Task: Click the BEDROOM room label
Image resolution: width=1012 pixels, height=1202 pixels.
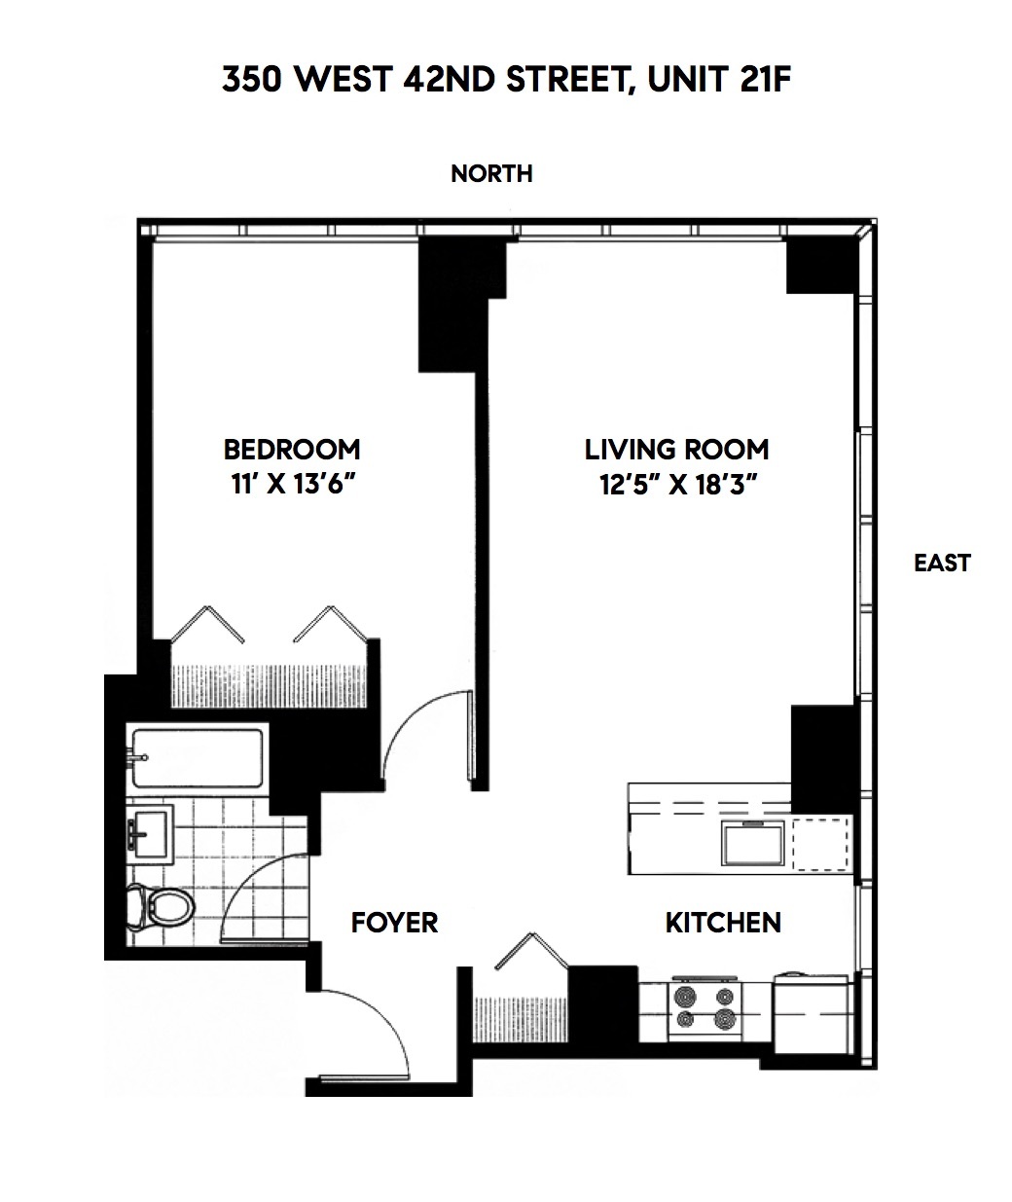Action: click(292, 449)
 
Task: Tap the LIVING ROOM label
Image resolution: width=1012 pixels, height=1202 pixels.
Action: click(676, 449)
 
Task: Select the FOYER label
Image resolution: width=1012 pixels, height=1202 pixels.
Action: click(394, 922)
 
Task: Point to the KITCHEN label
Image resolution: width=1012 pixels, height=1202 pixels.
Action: click(723, 922)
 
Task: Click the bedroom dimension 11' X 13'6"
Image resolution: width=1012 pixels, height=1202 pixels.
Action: click(292, 484)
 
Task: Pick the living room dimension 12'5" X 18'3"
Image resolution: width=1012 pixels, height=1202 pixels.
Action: click(678, 484)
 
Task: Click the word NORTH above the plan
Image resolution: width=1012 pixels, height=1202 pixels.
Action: click(491, 173)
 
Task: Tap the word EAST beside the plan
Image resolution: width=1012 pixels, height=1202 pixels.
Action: click(942, 563)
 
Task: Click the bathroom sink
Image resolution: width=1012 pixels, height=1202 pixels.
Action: click(149, 833)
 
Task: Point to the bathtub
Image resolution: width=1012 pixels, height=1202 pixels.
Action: click(199, 759)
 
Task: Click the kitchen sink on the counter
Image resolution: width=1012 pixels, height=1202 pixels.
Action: click(752, 842)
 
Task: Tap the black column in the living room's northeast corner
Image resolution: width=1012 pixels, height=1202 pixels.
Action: click(819, 266)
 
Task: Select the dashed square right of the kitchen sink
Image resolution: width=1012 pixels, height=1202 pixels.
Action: click(819, 843)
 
